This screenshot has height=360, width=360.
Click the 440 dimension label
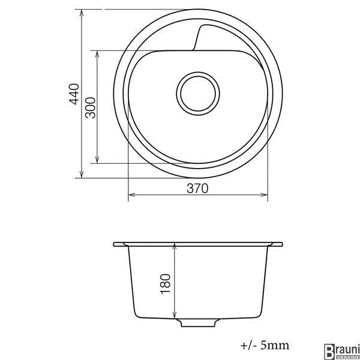point(74,94)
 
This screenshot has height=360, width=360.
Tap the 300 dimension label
point(90,108)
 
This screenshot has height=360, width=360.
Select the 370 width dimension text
point(197,188)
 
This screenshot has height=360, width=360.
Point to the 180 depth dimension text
point(166,284)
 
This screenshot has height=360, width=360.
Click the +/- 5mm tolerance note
point(265,346)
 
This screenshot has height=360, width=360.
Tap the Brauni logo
point(341,352)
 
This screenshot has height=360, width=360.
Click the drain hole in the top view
point(198,94)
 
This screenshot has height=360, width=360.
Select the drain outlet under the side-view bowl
point(198,323)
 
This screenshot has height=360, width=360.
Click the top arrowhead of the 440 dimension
point(82,13)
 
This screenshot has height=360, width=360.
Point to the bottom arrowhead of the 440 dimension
point(82,174)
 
